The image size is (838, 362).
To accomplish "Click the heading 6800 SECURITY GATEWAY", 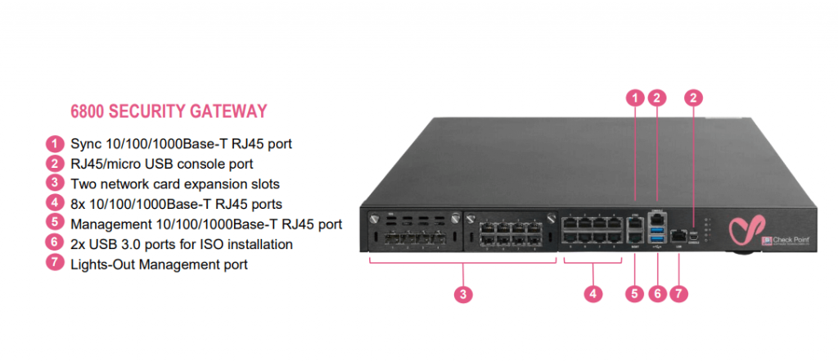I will pos(170,111).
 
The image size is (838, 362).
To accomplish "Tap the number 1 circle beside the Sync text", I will pos(55,143).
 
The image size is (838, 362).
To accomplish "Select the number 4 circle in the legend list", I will pos(55,203).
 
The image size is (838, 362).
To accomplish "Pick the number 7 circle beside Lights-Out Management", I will pos(55,264).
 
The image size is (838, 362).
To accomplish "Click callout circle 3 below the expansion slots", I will pos(464,293).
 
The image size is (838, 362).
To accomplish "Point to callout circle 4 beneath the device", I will pos(593,293).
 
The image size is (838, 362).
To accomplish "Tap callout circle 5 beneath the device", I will pos(636,293).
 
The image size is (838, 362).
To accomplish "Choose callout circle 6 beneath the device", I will pos(656,293).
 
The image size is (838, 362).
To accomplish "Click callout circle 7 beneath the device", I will pos(677,293).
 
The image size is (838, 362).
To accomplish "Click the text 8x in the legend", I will pos(79,203).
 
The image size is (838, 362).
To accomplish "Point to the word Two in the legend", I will pos(83,183).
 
